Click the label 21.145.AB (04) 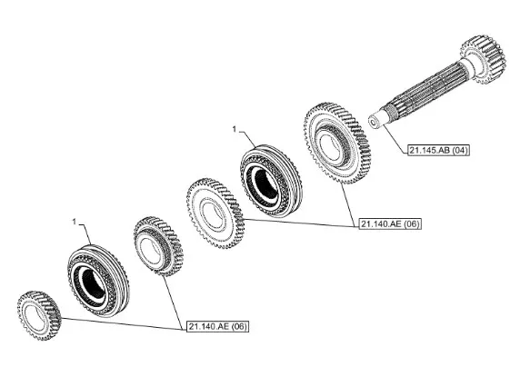click(438, 150)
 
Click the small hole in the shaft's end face click(373, 124)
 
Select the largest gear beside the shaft click(336, 144)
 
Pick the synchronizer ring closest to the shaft click(271, 181)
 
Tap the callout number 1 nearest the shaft click(235, 129)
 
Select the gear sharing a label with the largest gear click(215, 213)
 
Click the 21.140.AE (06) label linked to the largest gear click(390, 224)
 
